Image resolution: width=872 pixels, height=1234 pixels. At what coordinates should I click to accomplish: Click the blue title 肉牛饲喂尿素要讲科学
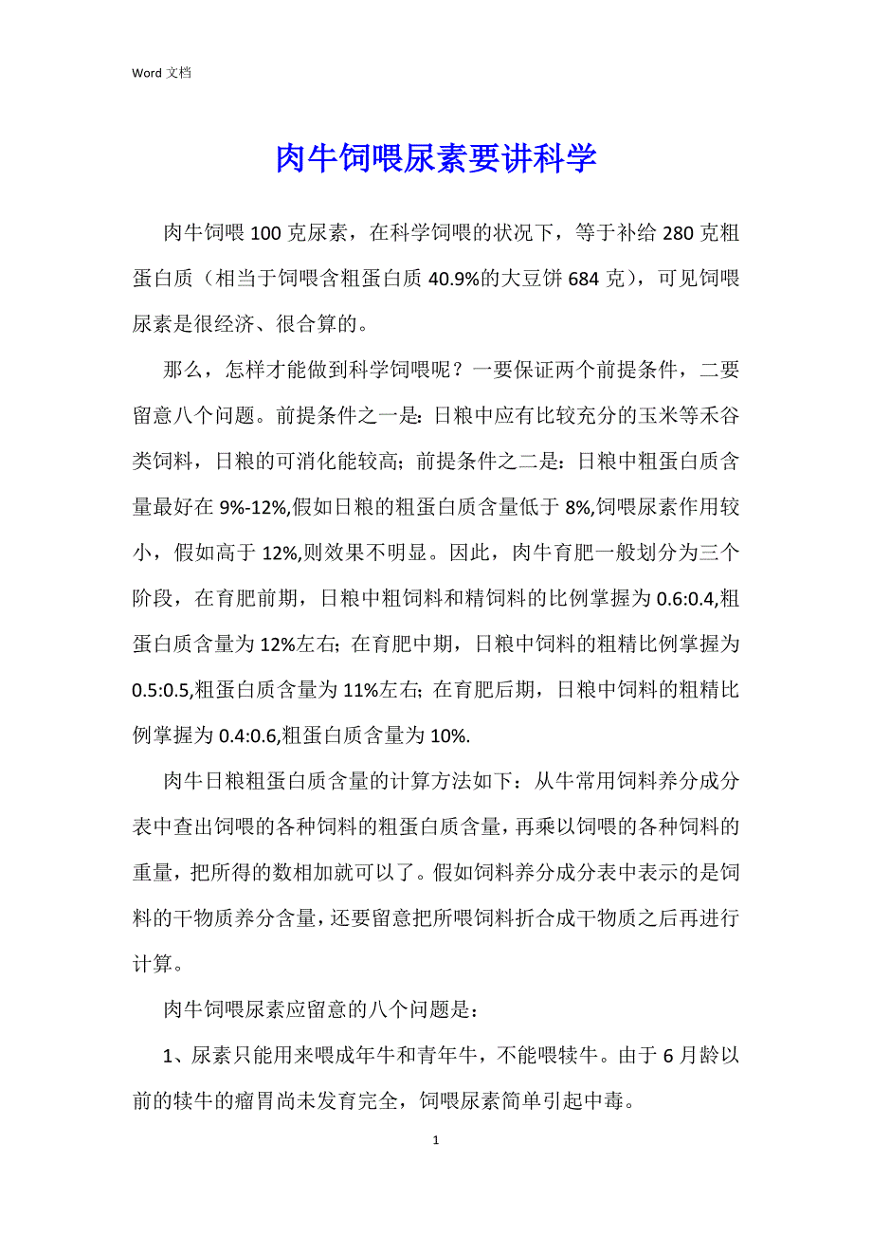(x=436, y=159)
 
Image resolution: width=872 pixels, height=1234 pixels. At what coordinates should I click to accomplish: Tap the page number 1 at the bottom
(x=435, y=1140)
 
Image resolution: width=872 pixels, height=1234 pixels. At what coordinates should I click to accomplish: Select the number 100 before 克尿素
(x=269, y=233)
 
